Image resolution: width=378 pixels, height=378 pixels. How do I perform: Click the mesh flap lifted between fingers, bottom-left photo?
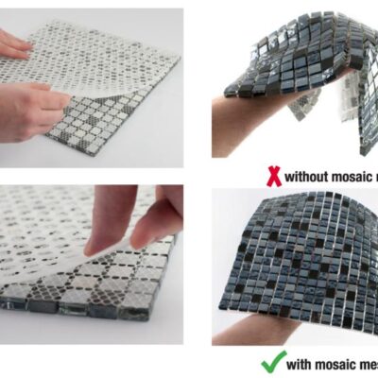[x=132, y=248]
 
